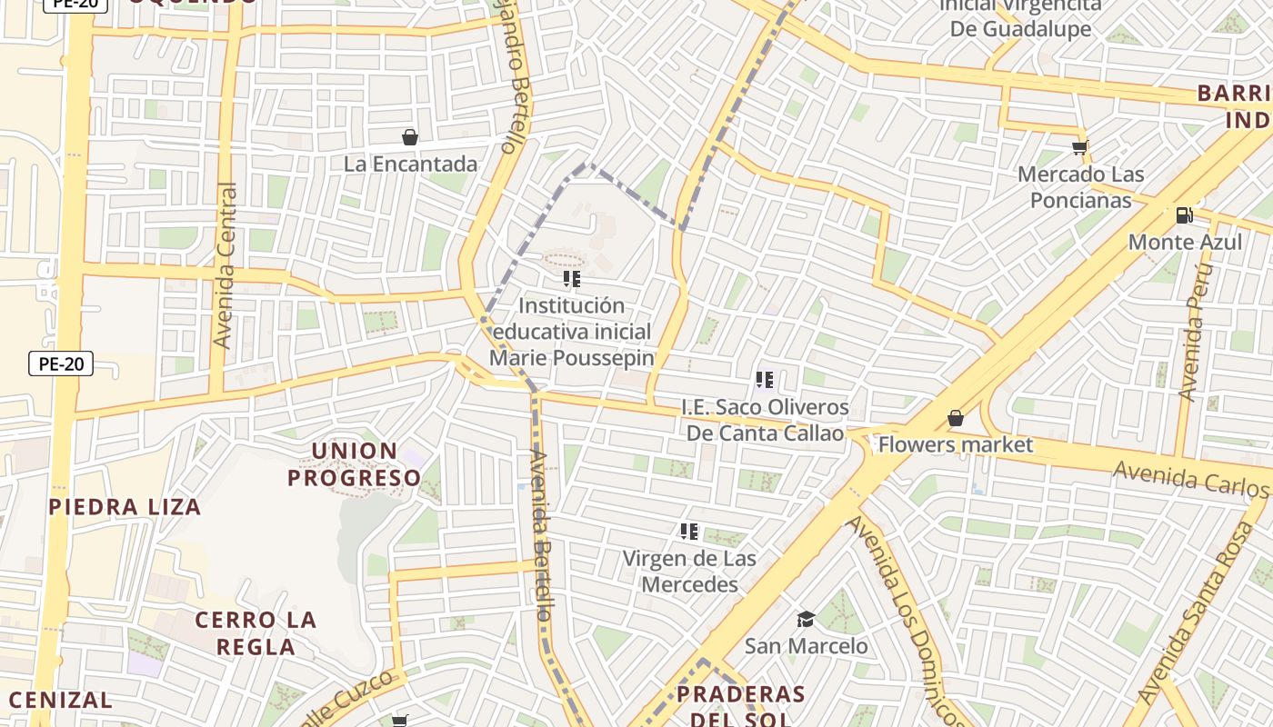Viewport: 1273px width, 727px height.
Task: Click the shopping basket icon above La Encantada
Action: tap(410, 137)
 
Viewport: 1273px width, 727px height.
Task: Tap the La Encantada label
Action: tap(410, 164)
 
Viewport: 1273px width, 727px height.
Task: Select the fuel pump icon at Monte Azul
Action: tap(1184, 215)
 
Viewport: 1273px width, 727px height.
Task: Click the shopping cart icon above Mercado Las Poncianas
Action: tap(1080, 147)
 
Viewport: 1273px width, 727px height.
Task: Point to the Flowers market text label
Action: tap(955, 444)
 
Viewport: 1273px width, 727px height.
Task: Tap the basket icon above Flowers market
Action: tap(956, 418)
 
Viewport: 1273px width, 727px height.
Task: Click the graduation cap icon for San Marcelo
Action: tap(806, 620)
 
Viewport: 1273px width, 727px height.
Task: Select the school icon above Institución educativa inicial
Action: tap(571, 279)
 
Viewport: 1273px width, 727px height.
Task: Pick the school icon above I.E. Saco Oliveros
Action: tap(765, 380)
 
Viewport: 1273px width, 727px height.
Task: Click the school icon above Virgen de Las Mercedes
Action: tap(689, 532)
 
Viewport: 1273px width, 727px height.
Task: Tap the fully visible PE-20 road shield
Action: tap(61, 364)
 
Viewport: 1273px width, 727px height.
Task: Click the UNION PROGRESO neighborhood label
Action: tap(355, 464)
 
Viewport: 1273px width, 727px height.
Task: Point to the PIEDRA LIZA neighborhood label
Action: tap(125, 507)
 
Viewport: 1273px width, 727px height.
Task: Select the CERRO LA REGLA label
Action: tap(256, 633)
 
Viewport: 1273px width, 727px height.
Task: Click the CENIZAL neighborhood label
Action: tap(60, 701)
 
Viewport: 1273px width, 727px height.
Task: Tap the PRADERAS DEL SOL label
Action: tap(740, 706)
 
